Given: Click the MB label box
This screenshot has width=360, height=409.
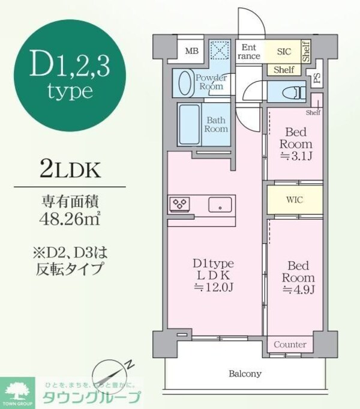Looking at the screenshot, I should pos(191,51).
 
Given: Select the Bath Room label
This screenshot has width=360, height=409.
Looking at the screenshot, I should pos(216,124).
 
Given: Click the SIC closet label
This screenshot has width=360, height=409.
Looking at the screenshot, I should pos(284,52).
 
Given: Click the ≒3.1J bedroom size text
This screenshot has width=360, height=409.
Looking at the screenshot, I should pos(296,156).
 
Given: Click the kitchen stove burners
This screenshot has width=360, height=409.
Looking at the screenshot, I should pos(179,204).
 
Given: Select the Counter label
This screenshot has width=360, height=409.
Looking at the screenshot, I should pos(290,345).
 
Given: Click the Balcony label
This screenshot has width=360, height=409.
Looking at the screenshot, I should pos(245,374).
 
